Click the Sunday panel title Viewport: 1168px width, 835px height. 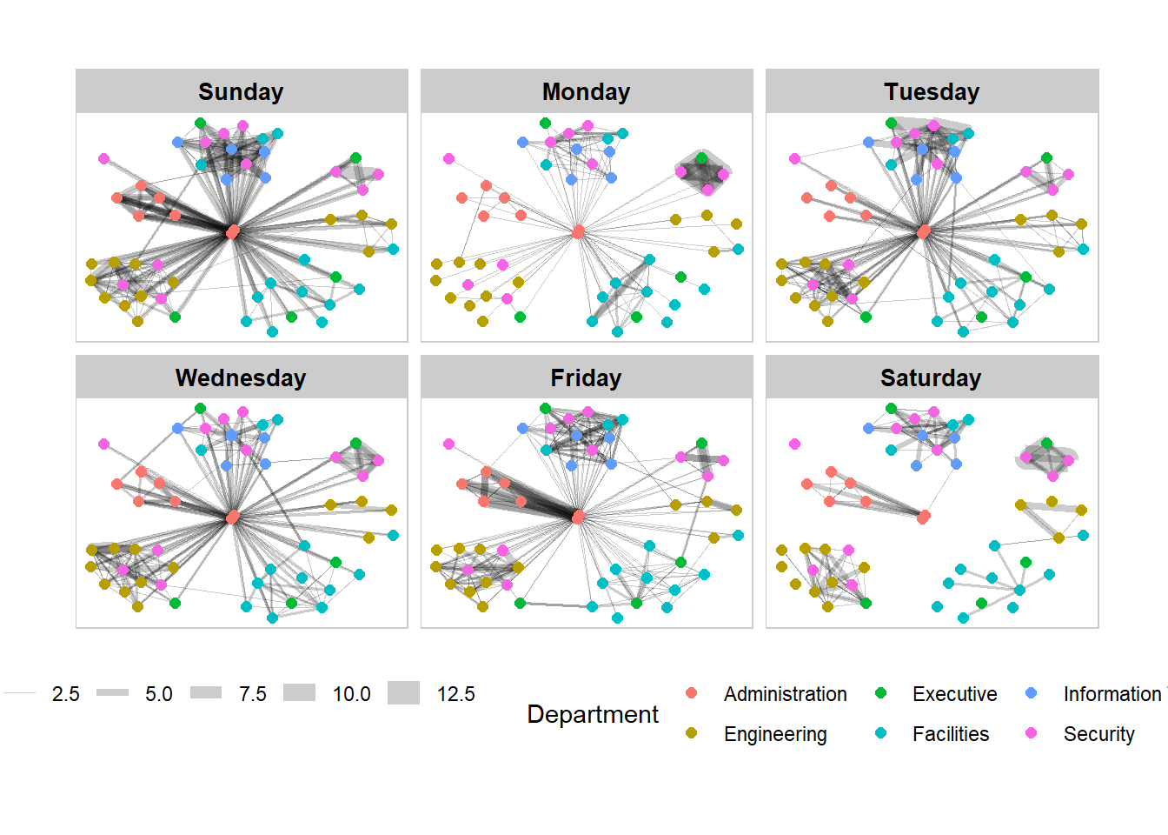241,92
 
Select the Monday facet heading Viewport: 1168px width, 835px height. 586,92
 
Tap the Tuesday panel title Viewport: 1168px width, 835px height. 932,92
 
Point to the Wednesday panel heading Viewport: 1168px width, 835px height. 241,378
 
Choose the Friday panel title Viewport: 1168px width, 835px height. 586,378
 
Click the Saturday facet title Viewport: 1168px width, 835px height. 931,378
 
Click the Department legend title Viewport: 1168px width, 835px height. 593,714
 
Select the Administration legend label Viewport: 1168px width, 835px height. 785,694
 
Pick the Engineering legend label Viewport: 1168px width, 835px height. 775,734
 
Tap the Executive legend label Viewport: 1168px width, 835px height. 954,694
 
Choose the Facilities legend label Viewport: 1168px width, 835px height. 950,734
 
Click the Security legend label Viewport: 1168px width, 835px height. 1098,734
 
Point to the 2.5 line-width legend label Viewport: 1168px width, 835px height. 65,694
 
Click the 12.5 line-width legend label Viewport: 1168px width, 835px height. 455,694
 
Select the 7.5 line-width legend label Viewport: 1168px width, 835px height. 253,694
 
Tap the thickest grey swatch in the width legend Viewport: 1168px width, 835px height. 403,693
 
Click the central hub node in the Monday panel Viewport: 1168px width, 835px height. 578,231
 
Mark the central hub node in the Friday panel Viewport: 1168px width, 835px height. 578,518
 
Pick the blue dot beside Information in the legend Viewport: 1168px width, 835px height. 1032,693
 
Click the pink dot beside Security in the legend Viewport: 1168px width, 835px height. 1032,733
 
